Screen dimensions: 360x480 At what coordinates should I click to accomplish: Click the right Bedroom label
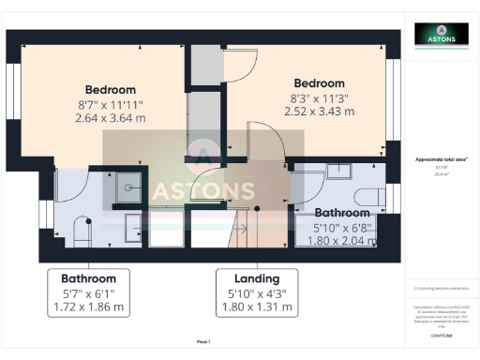pos(319,83)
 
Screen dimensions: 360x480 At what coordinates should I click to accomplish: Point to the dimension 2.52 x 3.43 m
pos(319,112)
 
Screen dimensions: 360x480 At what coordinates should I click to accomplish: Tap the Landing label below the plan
pos(256,278)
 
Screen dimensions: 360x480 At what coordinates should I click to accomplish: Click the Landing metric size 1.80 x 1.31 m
pos(256,307)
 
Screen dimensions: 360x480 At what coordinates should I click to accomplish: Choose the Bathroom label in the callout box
pos(88,278)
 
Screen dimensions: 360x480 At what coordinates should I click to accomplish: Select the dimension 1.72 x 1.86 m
pos(88,307)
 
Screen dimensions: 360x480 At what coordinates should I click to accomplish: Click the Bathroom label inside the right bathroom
pos(342,213)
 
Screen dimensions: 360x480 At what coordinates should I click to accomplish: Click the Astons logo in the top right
pos(442,36)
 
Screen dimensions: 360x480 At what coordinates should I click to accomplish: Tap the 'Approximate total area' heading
pos(441,160)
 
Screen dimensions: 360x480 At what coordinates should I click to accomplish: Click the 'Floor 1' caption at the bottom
pos(203,341)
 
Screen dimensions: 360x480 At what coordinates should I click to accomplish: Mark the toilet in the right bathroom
pos(371,195)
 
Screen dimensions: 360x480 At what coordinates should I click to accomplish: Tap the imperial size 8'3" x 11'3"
pos(319,97)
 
